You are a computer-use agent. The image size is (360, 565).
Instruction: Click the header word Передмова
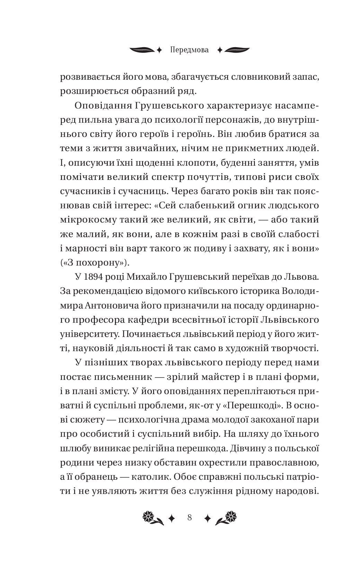click(x=190, y=50)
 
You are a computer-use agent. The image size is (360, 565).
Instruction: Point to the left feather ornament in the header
click(x=142, y=50)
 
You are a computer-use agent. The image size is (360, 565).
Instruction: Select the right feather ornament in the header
click(x=237, y=50)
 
